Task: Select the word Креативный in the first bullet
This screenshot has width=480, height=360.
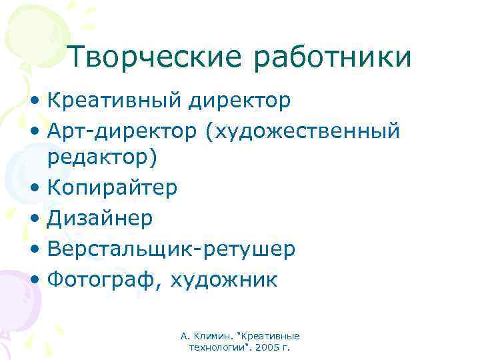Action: coord(114,101)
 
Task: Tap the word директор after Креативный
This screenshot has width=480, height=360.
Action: coord(239,101)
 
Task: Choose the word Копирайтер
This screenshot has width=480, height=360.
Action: coord(112,188)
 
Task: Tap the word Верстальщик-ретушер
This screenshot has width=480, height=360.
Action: coord(171,249)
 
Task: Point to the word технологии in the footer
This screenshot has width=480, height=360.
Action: coord(217,348)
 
